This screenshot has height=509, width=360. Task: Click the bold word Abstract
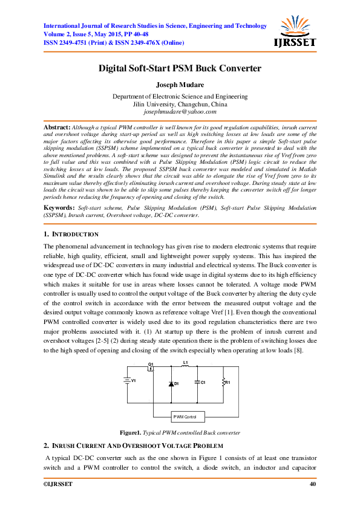click(x=57, y=128)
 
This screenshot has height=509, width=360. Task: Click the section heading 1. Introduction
click(x=71, y=234)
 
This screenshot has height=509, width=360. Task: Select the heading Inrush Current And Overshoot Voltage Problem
click(x=139, y=445)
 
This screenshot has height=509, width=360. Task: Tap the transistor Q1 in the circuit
click(x=151, y=368)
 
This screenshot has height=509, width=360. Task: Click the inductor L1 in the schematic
click(x=186, y=366)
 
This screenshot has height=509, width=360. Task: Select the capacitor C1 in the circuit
click(x=197, y=383)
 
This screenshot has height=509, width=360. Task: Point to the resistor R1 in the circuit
click(x=223, y=383)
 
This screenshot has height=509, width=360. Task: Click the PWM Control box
click(x=188, y=417)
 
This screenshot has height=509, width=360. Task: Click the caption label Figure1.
click(x=130, y=433)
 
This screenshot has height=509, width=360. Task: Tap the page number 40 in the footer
click(x=312, y=484)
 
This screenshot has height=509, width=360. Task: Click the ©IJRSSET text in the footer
click(x=57, y=484)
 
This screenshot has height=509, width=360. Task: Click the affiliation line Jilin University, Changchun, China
click(x=180, y=105)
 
